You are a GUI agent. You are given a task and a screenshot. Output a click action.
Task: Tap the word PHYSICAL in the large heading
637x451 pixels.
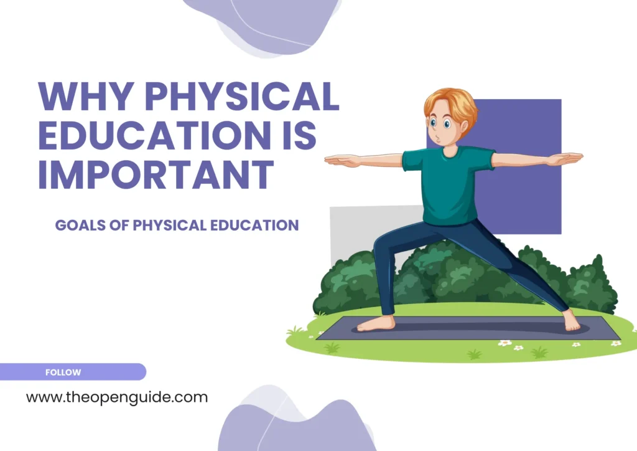pyautogui.click(x=243, y=97)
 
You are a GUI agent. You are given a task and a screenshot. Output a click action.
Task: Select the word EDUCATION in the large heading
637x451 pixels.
pyautogui.click(x=153, y=135)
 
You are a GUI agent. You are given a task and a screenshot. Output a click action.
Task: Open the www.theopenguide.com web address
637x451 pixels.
pyautogui.click(x=117, y=397)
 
